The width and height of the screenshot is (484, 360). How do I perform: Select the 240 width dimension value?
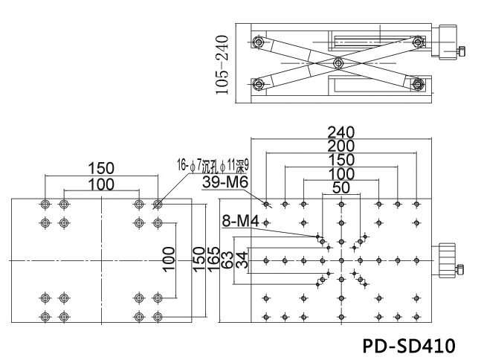pyautogui.click(x=341, y=132)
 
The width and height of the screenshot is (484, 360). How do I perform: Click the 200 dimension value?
pyautogui.click(x=341, y=147)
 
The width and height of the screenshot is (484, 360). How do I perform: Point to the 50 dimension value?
pyautogui.click(x=341, y=187)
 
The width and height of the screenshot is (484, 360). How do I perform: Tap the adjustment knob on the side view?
pyautogui.click(x=449, y=44)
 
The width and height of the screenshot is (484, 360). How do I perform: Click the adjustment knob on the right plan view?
pyautogui.click(x=448, y=260)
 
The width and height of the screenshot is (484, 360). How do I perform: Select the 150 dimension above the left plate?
pyautogui.click(x=101, y=168)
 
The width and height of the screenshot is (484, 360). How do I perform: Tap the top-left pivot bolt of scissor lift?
pyautogui.click(x=257, y=42)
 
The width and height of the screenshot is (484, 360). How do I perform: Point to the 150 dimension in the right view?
pyautogui.click(x=341, y=160)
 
